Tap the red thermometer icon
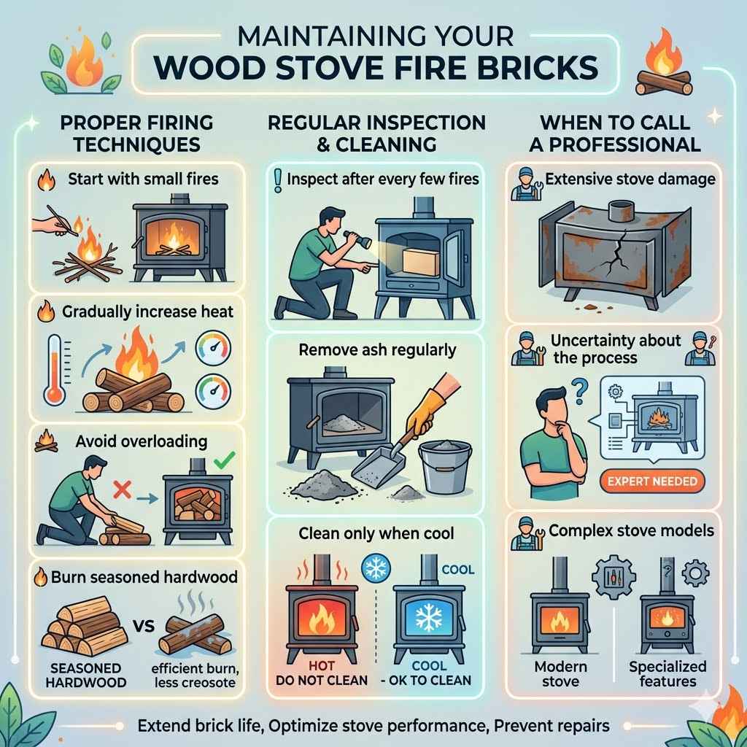tap(55, 369)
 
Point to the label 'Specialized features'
tap(667, 674)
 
